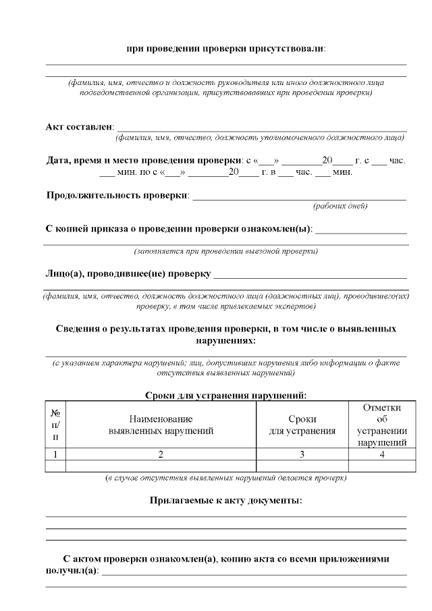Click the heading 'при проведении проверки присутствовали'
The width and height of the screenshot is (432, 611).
[225, 49]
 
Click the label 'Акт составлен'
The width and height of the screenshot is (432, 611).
[80, 127]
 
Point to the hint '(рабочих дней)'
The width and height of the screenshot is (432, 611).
[340, 206]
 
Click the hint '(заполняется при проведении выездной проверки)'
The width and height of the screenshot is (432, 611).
[225, 251]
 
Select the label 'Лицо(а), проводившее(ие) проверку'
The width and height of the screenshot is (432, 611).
[127, 273]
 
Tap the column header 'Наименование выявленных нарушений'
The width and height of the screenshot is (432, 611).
[161, 425]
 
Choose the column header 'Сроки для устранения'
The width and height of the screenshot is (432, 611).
[302, 425]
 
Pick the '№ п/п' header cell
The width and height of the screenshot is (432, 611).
[55, 425]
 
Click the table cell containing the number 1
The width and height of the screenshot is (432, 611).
[55, 454]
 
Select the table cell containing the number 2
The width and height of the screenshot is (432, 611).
[161, 454]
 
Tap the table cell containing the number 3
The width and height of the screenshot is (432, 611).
[302, 454]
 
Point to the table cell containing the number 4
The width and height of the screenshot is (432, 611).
[381, 454]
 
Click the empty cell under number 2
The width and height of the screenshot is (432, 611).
[161, 465]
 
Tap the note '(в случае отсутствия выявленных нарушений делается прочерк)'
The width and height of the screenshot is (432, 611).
[225, 478]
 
